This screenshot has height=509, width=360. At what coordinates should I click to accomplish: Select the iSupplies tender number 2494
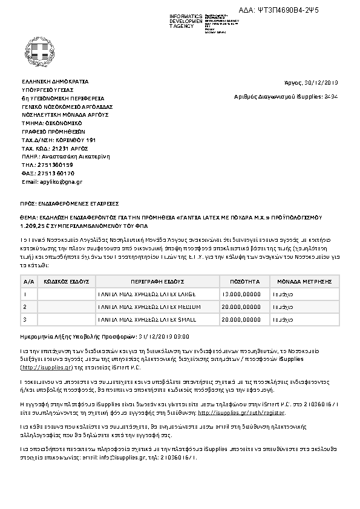pos(332,96)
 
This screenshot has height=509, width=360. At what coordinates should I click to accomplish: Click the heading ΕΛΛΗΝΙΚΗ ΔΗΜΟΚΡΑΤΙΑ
pos(55,81)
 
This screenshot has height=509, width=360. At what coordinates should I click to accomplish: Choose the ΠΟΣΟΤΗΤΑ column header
pos(245,281)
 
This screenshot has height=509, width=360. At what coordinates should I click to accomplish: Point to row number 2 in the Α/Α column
pos(25,306)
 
